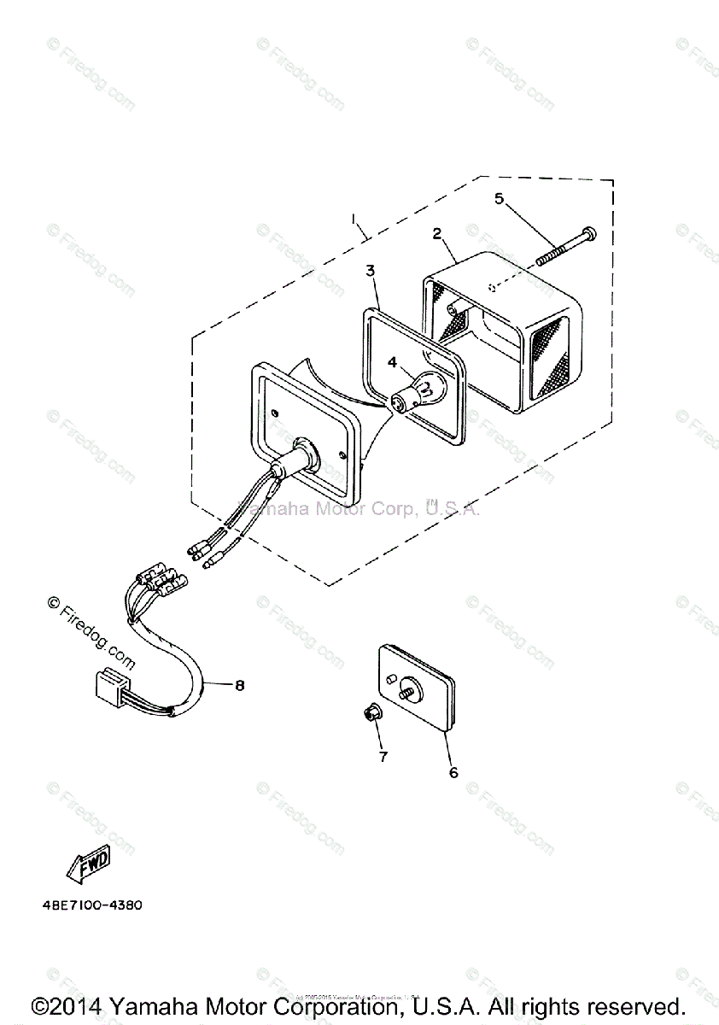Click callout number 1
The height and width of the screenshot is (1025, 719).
coord(354,220)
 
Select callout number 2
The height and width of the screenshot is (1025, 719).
coord(436,233)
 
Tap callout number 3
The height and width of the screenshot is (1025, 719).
coord(370,271)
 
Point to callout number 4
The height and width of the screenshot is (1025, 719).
coord(392,362)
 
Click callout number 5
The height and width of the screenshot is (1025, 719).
coord(500,199)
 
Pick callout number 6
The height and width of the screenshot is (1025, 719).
coord(453,772)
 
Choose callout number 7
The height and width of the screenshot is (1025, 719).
coord(383,756)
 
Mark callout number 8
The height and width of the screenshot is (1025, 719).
coord(240,684)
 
